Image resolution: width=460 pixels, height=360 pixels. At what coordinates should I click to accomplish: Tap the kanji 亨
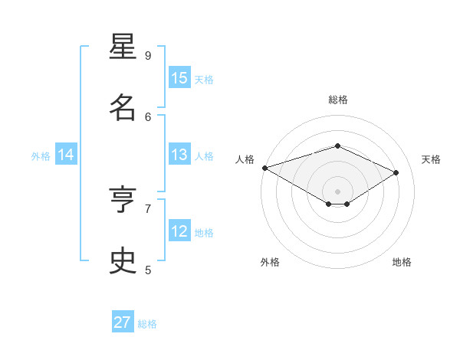tap(123, 200)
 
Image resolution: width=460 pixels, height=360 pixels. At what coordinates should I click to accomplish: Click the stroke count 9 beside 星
tap(148, 55)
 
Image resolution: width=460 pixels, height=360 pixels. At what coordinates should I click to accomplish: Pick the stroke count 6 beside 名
tap(148, 116)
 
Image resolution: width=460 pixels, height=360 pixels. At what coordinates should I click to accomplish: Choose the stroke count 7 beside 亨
tap(148, 208)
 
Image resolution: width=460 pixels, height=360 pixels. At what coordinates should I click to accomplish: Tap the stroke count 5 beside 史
tap(148, 270)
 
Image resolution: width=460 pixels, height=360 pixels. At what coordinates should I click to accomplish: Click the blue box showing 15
tap(179, 78)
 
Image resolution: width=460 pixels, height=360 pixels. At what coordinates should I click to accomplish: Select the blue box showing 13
tap(179, 155)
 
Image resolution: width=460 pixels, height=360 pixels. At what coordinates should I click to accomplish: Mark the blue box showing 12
tap(179, 231)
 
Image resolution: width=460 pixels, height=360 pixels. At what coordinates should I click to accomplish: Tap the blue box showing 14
tap(66, 155)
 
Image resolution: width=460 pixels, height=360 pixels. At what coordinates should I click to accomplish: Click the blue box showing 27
tap(123, 322)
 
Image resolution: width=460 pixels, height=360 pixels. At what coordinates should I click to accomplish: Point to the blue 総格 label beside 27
tap(147, 324)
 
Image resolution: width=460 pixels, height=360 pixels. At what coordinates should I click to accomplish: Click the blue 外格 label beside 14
tap(41, 156)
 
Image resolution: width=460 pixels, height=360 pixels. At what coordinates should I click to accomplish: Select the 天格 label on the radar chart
tap(431, 159)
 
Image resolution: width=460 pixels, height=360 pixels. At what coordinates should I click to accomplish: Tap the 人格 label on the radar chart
tap(245, 159)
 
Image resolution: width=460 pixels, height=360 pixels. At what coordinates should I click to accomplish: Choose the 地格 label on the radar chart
tap(402, 262)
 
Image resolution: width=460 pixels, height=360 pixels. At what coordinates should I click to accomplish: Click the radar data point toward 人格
tap(264, 168)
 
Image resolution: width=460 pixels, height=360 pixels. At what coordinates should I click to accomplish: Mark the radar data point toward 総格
tap(337, 146)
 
